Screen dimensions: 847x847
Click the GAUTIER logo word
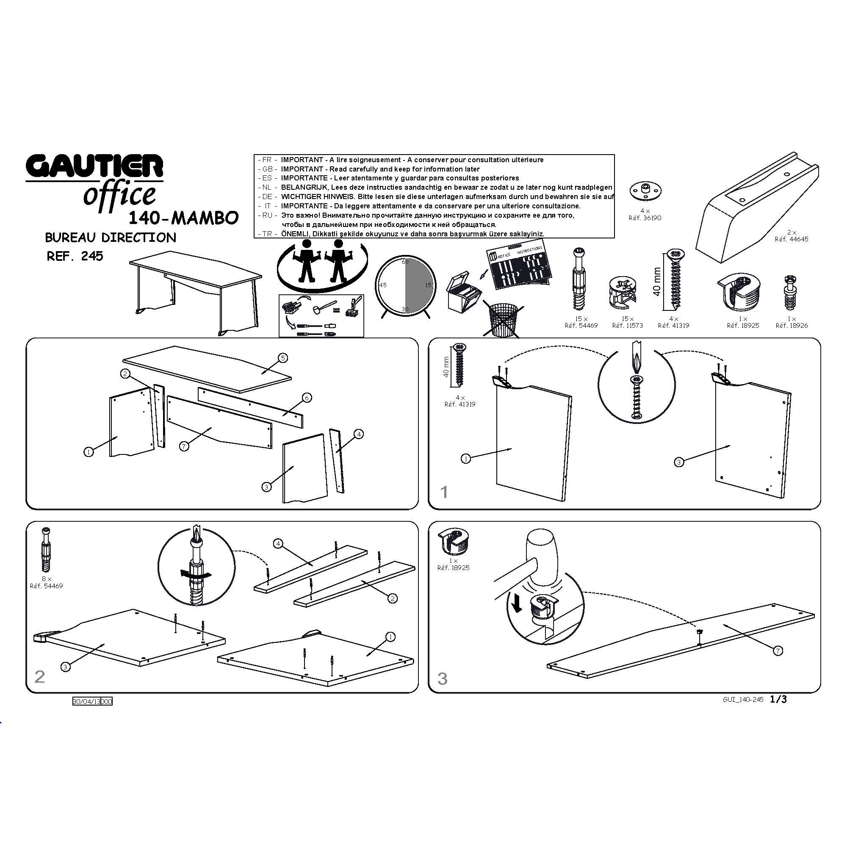(x=94, y=166)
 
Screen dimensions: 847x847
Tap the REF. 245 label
(x=75, y=256)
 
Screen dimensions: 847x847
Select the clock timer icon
(x=404, y=285)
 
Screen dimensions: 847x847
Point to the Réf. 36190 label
(x=645, y=218)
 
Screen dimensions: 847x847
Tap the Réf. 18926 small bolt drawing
(x=791, y=292)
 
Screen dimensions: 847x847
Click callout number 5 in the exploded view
(x=283, y=358)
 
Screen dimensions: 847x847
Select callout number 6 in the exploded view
(x=307, y=398)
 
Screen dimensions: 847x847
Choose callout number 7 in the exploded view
(x=185, y=446)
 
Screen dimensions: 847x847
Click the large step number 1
(x=444, y=492)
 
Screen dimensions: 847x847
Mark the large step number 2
(x=39, y=677)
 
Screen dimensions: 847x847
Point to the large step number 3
(x=443, y=678)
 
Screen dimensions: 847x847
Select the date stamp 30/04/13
(x=87, y=701)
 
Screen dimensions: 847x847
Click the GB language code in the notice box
(x=267, y=169)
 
